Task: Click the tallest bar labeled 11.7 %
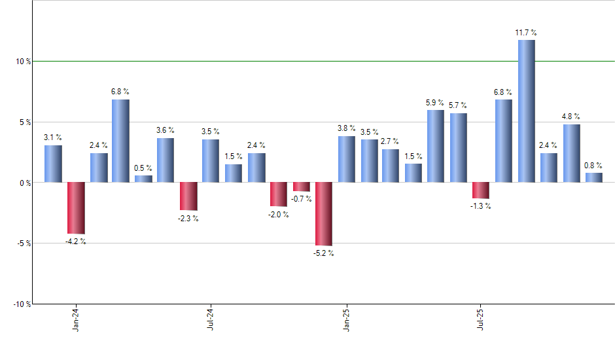click(x=526, y=111)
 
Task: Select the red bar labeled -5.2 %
click(x=324, y=214)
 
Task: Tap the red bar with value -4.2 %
click(x=76, y=208)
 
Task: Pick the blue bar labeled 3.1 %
click(x=53, y=164)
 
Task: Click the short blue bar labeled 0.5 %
click(x=143, y=179)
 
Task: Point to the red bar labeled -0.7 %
click(x=302, y=187)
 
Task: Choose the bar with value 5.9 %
click(x=436, y=146)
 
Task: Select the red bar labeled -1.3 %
click(x=481, y=190)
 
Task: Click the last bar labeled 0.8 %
click(x=593, y=177)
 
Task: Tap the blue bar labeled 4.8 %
click(x=571, y=153)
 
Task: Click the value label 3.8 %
click(x=346, y=128)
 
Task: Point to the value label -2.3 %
click(x=188, y=219)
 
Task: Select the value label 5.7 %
click(x=458, y=105)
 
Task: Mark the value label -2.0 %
click(x=279, y=215)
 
